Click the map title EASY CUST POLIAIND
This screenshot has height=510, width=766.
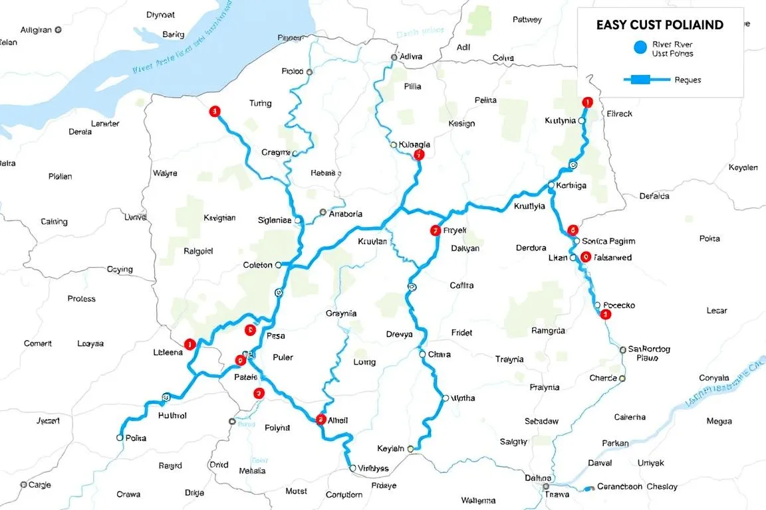[659, 25]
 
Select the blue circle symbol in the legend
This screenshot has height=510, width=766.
[640, 47]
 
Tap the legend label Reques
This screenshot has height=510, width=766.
[688, 80]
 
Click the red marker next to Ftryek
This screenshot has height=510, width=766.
[435, 231]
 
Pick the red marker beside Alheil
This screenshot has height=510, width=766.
[321, 419]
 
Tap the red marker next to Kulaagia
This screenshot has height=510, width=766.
[418, 155]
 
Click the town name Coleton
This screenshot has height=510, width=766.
[257, 265]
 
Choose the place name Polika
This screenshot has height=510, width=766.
[135, 438]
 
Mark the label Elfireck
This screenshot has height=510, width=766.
[620, 114]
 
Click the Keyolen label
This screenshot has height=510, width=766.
[743, 168]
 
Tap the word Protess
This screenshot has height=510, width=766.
[81, 299]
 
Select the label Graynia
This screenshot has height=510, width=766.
[341, 313]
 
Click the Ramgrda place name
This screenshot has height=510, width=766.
[548, 331]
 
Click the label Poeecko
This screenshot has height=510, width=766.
[618, 305]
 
